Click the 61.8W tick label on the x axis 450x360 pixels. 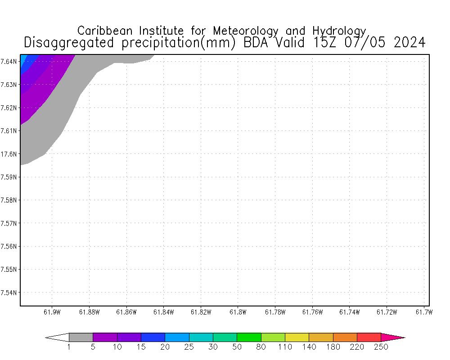(237, 312)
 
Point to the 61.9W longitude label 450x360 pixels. (52, 312)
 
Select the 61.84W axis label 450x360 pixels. (163, 312)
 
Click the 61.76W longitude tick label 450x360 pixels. (312, 312)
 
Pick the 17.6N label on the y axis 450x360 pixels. (9, 154)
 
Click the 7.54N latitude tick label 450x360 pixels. (9, 292)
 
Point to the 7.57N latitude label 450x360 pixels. (9, 223)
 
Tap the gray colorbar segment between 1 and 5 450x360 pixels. (81, 337)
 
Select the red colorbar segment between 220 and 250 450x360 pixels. (369, 337)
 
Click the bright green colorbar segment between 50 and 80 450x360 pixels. (249, 337)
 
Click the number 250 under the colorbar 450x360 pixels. (381, 347)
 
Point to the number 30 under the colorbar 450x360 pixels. (213, 347)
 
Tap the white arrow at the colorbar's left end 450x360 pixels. (58, 337)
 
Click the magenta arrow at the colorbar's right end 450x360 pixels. (392, 337)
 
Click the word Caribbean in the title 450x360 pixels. (106, 31)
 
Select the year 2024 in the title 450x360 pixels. (409, 42)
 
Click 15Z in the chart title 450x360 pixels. (326, 42)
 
